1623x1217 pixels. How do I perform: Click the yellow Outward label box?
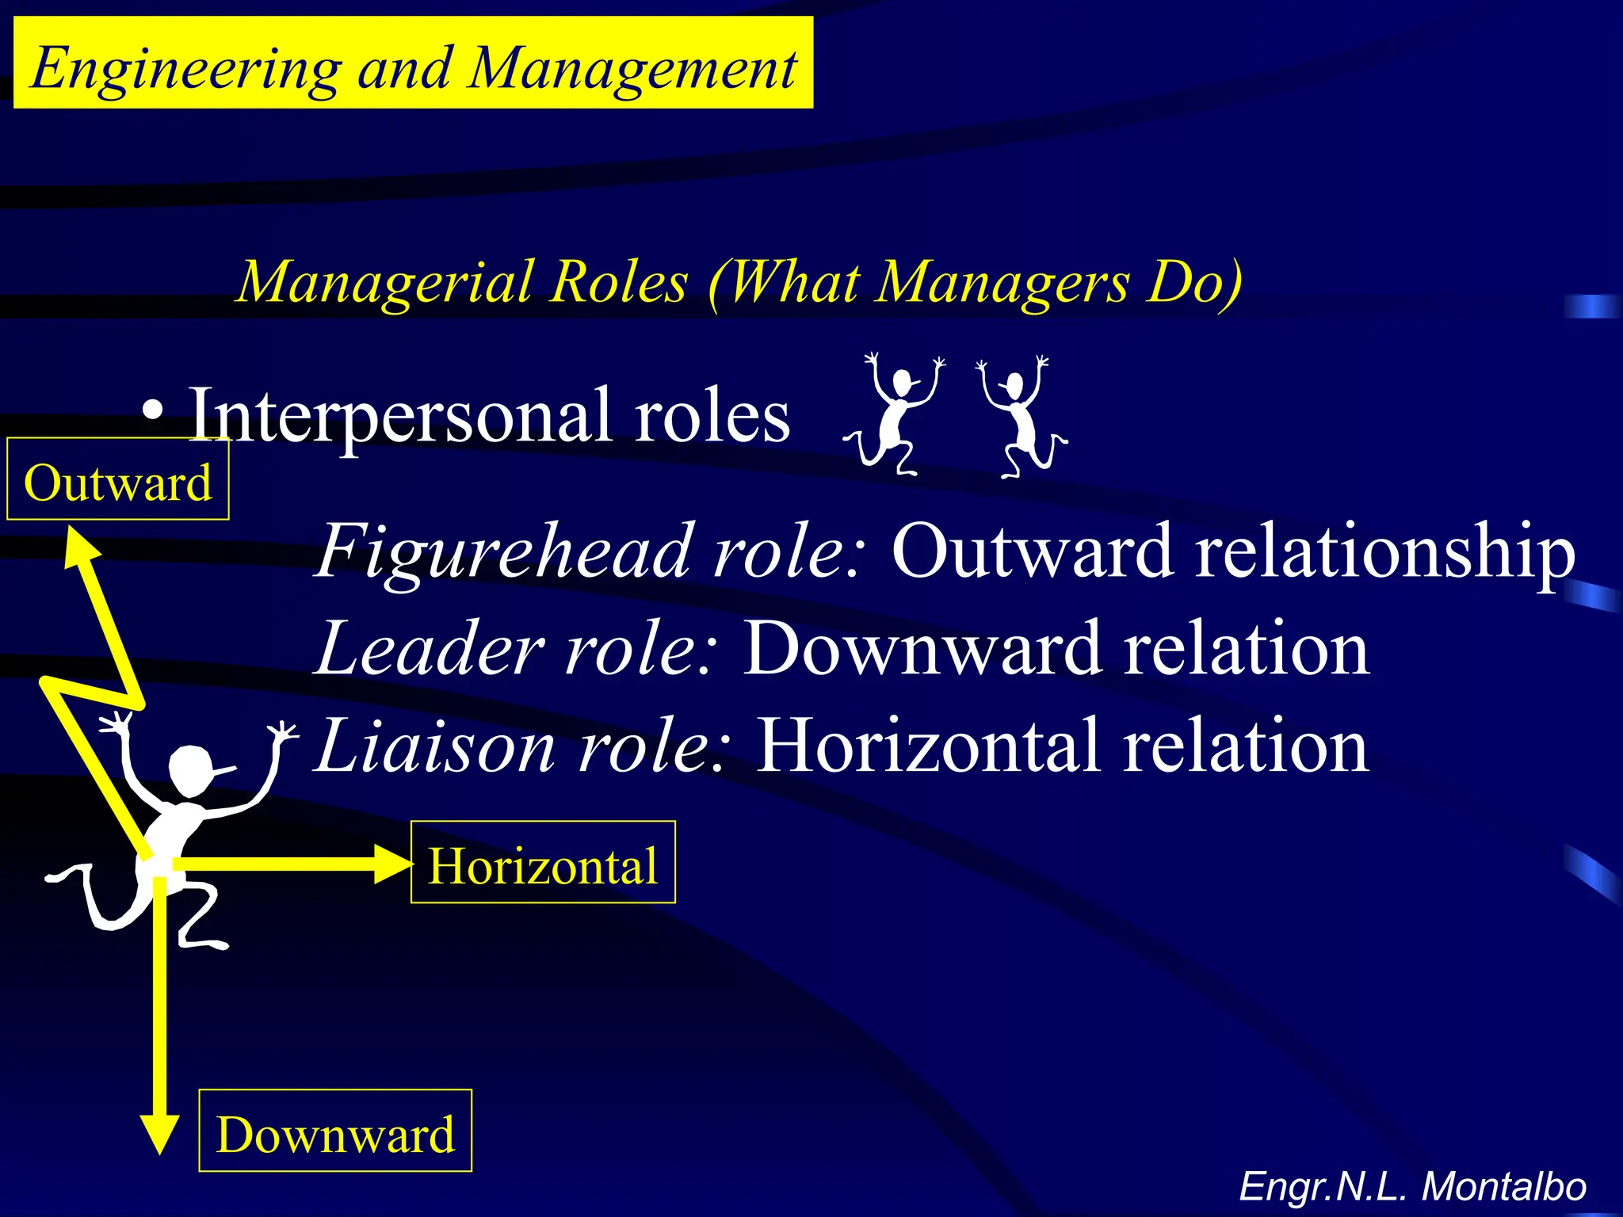tap(118, 480)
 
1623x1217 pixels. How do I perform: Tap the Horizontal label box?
tap(543, 863)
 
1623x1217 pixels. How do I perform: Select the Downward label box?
tap(335, 1131)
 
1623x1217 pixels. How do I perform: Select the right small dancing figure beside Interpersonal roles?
tap(1021, 417)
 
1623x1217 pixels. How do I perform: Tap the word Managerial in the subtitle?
tap(384, 282)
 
